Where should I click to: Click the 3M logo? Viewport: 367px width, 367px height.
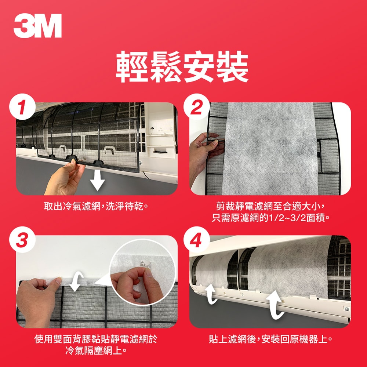(37, 27)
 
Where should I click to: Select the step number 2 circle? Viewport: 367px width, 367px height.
(197, 108)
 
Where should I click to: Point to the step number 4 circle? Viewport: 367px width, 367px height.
(197, 241)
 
